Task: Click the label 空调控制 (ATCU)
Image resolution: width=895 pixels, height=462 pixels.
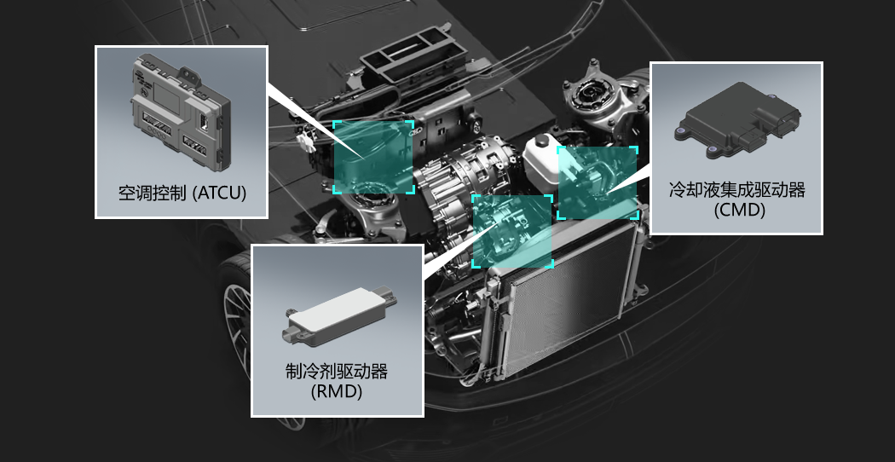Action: (182, 193)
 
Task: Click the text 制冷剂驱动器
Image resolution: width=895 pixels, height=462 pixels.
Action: (337, 372)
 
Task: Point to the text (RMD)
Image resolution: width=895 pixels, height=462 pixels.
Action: (337, 392)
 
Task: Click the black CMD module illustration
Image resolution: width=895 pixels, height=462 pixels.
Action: (737, 122)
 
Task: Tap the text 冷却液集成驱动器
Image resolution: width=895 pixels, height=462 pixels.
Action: (737, 190)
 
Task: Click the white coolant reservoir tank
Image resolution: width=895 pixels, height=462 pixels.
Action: (541, 162)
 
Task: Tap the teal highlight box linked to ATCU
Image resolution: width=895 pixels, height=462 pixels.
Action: (373, 157)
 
